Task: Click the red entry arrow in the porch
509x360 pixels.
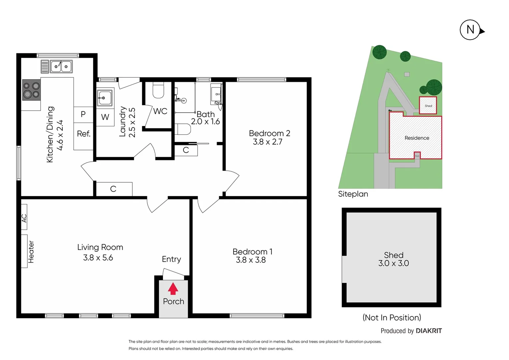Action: tap(173, 289)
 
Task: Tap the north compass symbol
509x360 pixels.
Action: tap(470, 30)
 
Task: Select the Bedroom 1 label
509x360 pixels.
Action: tap(252, 252)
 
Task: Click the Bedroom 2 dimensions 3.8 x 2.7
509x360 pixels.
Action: tap(267, 142)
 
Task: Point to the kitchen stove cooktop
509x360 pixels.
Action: tap(31, 90)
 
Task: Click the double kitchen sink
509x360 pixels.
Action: tap(61, 67)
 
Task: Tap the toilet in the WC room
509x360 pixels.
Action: tap(158, 90)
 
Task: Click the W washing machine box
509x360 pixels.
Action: tap(105, 117)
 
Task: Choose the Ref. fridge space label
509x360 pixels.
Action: tap(84, 134)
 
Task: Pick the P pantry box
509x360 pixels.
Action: tap(83, 114)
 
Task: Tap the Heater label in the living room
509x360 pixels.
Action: tap(31, 252)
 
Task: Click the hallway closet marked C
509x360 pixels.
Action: tap(114, 189)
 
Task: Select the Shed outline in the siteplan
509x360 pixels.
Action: tap(428, 105)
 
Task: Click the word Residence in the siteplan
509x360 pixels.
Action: tap(417, 138)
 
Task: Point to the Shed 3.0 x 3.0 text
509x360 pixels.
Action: tap(393, 259)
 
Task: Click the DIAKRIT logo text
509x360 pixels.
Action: tap(429, 331)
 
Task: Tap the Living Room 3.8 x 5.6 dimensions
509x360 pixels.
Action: tap(98, 258)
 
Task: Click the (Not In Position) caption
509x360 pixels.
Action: tap(392, 317)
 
